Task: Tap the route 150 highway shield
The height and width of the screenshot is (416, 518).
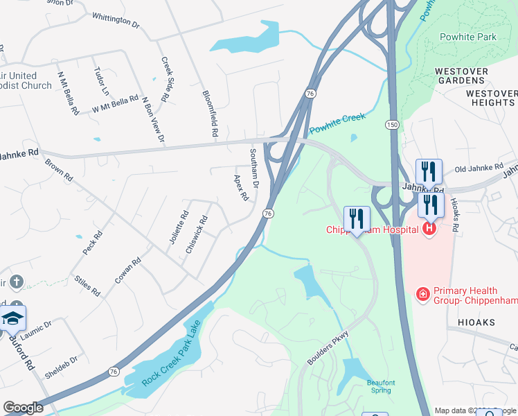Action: (392, 124)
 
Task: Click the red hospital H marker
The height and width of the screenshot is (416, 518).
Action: (429, 227)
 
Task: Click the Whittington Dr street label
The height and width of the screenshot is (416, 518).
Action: (116, 19)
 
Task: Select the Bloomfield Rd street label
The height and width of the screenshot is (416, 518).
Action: (210, 113)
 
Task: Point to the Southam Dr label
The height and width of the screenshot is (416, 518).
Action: (253, 169)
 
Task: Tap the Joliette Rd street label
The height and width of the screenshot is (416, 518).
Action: (179, 228)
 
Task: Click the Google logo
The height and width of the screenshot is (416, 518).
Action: (24, 408)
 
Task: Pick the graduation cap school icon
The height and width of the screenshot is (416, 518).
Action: (12, 318)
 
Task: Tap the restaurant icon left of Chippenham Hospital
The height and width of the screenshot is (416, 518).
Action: (356, 218)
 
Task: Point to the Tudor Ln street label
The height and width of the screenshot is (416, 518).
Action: (102, 82)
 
